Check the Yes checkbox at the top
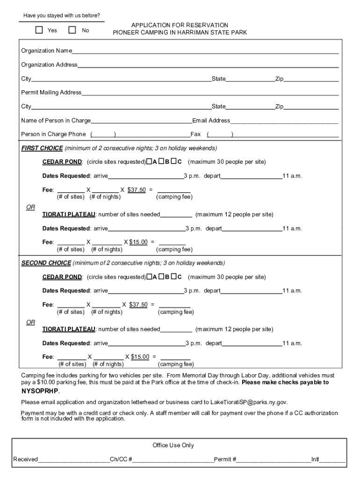tap(39, 30)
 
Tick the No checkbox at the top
tap(72, 30)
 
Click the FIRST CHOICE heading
tap(42, 148)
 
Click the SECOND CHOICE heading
tap(46, 263)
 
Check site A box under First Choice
tap(149, 162)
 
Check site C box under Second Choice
tap(173, 277)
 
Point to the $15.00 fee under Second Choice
tap(140, 357)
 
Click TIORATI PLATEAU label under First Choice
tap(69, 215)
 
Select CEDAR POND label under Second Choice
tap(62, 277)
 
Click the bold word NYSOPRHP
tap(40, 391)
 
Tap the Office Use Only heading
tap(173, 445)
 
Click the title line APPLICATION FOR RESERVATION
tap(180, 25)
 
